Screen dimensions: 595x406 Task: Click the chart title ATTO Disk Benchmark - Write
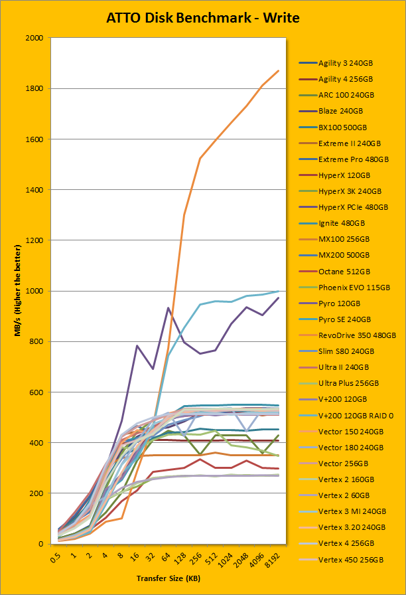(203, 18)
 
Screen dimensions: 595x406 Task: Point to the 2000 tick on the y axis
(33, 39)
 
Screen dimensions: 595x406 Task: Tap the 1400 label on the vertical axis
(33, 190)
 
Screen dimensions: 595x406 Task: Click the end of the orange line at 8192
(279, 70)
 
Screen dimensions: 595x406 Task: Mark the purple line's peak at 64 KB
(169, 307)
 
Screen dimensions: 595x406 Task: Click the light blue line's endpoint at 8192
(279, 291)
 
